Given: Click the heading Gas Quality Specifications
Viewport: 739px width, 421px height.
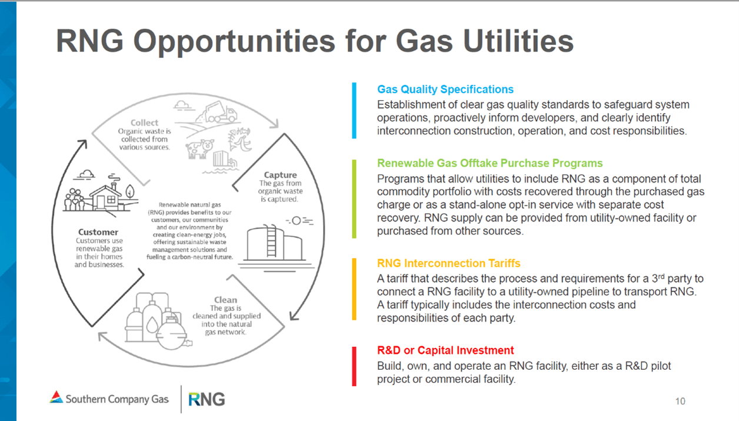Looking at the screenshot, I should pyautogui.click(x=445, y=89).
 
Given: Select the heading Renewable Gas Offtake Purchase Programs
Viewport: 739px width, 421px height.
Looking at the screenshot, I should pyautogui.click(x=490, y=163).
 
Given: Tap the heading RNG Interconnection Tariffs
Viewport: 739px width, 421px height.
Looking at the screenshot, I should pyautogui.click(x=448, y=263).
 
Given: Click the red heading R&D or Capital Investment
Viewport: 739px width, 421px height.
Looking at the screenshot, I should pyautogui.click(x=445, y=350).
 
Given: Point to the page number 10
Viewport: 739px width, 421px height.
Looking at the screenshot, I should pyautogui.click(x=680, y=402).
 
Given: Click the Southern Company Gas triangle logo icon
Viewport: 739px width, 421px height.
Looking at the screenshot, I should pyautogui.click(x=56, y=397).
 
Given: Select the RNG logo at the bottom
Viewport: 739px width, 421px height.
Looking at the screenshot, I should pyautogui.click(x=207, y=399).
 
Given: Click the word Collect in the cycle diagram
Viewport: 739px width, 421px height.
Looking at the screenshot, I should pyautogui.click(x=144, y=122).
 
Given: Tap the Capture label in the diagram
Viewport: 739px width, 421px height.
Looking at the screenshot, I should pyautogui.click(x=280, y=175).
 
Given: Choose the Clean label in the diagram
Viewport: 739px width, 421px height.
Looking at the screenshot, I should pyautogui.click(x=226, y=300).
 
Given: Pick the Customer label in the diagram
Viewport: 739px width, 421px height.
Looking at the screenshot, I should pyautogui.click(x=98, y=232).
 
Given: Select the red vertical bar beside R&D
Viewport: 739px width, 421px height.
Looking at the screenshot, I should pyautogui.click(x=354, y=366).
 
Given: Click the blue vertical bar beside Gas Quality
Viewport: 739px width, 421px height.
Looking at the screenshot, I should pyautogui.click(x=354, y=110).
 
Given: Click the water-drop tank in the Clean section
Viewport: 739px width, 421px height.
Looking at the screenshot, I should pyautogui.click(x=152, y=324).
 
